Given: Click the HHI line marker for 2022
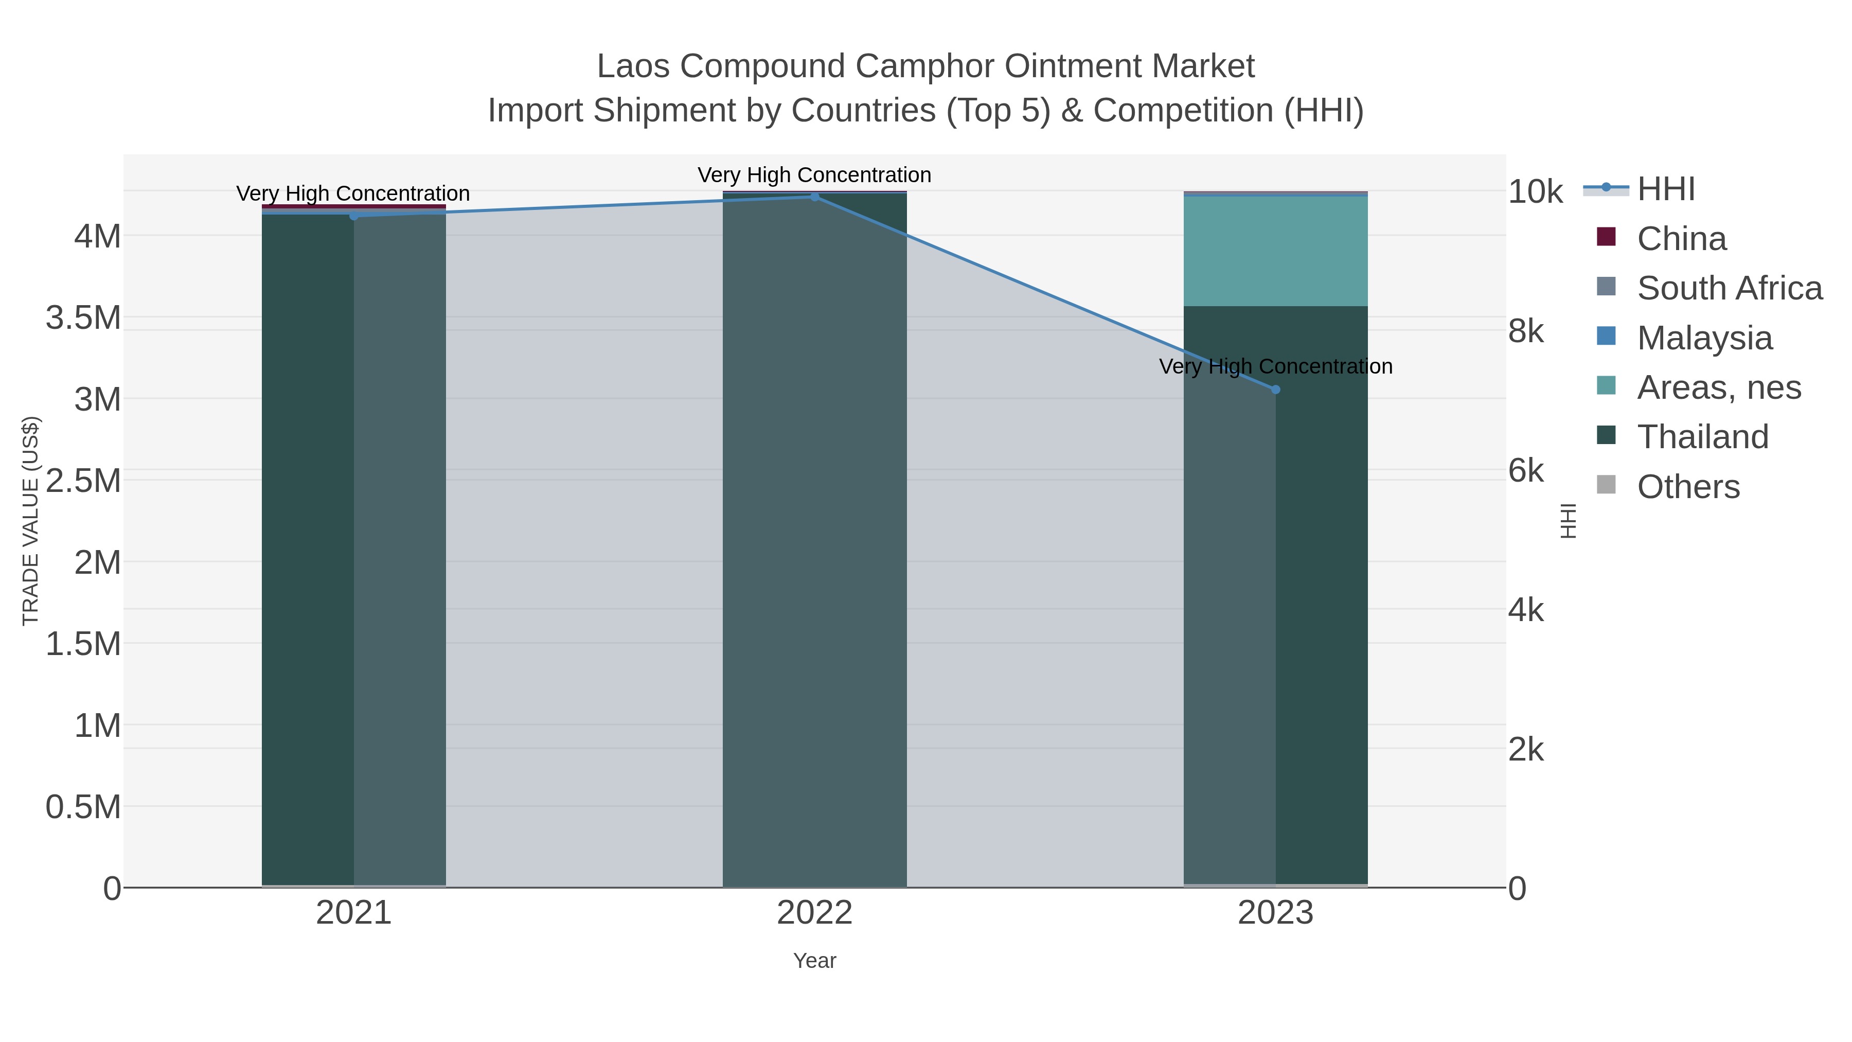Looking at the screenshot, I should [x=814, y=197].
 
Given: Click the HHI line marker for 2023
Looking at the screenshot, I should [x=1275, y=390].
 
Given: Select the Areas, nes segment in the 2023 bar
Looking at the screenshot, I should [x=1275, y=252].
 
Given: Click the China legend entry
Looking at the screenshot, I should [x=1681, y=239].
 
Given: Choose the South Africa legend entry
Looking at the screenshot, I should [x=1729, y=288].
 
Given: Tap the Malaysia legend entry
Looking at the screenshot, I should [x=1704, y=338].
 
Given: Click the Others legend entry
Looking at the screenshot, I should [x=1687, y=487].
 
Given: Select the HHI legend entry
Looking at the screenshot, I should [x=1665, y=189].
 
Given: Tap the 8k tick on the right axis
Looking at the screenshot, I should [x=1526, y=331].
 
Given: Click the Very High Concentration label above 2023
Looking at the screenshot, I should [x=1275, y=367].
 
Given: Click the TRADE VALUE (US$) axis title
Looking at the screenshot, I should [x=30, y=521].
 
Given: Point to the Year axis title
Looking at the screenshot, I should [x=814, y=961].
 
